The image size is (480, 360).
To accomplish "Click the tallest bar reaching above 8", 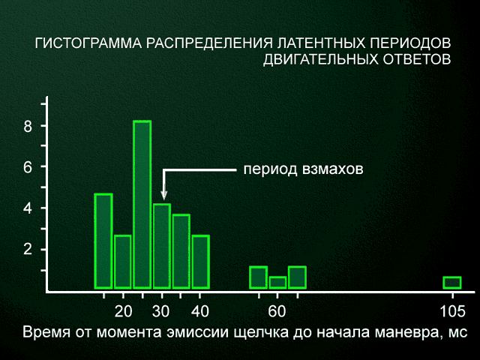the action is point(142,205).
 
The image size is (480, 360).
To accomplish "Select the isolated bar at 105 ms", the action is point(452,283).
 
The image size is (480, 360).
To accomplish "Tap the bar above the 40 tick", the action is point(200,262).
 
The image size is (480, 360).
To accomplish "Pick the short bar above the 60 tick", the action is point(277,283).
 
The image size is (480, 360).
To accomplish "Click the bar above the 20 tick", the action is point(123,262).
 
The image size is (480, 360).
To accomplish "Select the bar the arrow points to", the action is point(162,246).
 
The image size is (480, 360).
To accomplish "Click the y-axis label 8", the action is point(28,126).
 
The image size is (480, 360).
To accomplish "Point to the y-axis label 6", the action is point(28,167).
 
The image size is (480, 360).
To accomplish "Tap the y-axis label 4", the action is point(28,208).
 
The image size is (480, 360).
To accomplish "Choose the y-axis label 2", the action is point(28,250).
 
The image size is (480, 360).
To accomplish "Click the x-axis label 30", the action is point(161,312).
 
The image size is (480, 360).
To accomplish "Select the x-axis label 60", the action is point(277,312).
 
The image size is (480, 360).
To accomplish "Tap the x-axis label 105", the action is point(452,312).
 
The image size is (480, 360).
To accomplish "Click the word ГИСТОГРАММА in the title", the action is point(88,43).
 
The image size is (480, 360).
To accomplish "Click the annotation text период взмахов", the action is point(303,169).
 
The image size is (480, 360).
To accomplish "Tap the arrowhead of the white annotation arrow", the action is point(164,194).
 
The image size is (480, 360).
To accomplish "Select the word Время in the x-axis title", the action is point(46,332).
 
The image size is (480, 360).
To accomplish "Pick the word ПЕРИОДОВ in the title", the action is point(410,43).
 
